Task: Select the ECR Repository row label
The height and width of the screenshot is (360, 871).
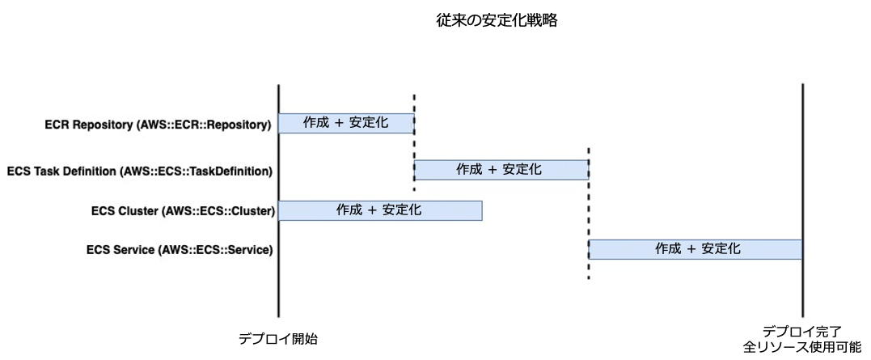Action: click(x=158, y=125)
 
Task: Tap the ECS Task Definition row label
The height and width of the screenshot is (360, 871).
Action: click(x=139, y=171)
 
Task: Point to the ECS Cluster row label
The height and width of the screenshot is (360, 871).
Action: click(x=184, y=211)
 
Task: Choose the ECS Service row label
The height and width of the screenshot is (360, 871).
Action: click(x=179, y=249)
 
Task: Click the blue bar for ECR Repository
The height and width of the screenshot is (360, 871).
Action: click(x=346, y=123)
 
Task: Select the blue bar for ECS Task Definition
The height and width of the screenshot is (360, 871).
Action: click(x=501, y=170)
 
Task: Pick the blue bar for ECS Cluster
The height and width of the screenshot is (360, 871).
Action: click(x=380, y=210)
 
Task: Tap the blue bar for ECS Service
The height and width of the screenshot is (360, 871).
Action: click(x=696, y=249)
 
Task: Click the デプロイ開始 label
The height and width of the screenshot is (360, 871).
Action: click(x=277, y=339)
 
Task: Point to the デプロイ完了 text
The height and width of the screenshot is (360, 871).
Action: click(x=802, y=332)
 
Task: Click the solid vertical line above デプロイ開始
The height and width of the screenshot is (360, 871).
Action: click(x=278, y=283)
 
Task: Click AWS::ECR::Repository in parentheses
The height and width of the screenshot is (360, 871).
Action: click(x=205, y=125)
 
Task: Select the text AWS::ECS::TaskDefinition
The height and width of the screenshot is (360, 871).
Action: click(x=196, y=171)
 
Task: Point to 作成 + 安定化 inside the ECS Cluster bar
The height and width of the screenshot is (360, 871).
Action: click(x=379, y=210)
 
